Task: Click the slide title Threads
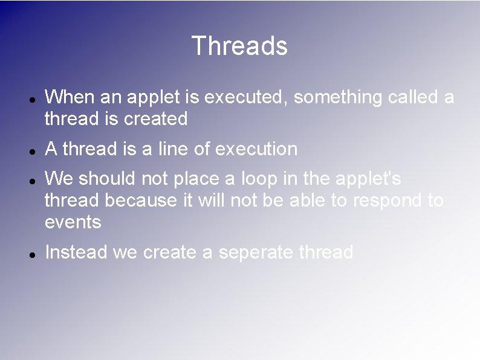point(239,46)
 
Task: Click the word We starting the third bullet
point(58,178)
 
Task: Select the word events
point(73,223)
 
